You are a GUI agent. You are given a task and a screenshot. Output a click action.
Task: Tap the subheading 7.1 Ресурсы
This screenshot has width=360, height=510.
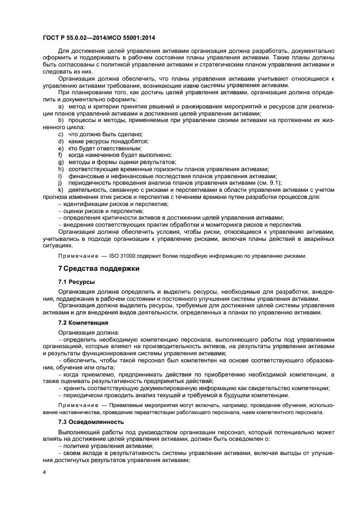click(x=76, y=282)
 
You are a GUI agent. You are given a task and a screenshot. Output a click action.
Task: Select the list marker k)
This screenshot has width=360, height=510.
click(x=61, y=190)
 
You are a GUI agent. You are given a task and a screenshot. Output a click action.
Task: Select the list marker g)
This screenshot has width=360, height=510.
click(x=61, y=162)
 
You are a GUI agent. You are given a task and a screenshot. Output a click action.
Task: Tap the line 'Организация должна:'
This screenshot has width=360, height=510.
click(x=86, y=332)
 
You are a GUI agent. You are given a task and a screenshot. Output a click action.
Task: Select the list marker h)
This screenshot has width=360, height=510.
click(x=61, y=169)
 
